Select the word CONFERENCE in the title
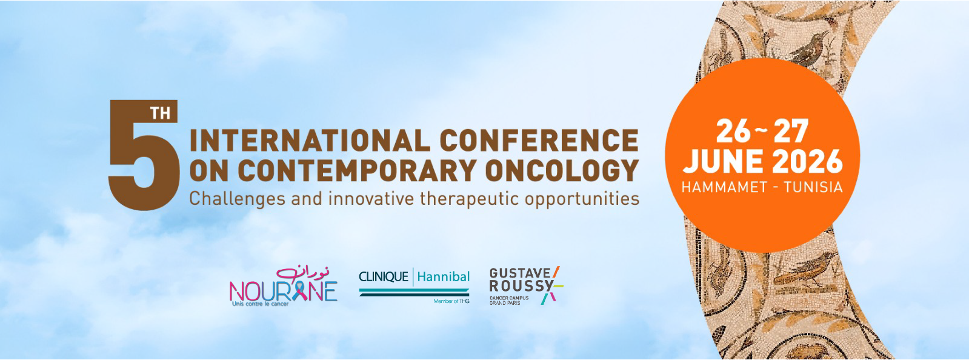tap(539, 141)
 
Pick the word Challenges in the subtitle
tap(238, 199)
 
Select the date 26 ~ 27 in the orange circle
tap(762, 131)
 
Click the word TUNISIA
tap(813, 187)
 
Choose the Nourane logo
tap(284, 287)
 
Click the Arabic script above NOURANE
tap(303, 273)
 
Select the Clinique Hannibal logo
tap(415, 285)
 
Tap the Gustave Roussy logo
tap(526, 285)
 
